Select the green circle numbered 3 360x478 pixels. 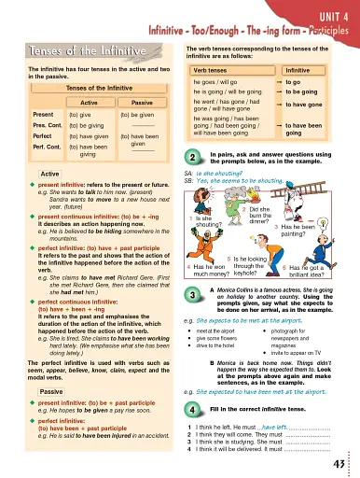pos(191,296)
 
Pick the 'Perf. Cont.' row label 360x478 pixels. pos(21,148)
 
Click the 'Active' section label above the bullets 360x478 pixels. pos(25,175)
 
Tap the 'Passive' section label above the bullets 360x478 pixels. pos(27,365)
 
